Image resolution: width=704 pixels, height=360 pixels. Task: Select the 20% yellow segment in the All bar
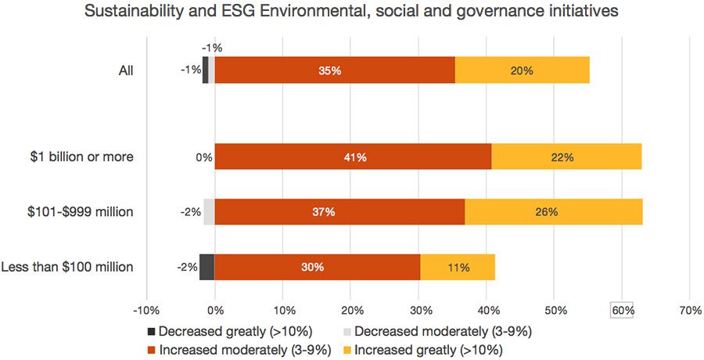(522, 70)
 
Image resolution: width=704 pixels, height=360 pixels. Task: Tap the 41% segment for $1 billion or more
(353, 157)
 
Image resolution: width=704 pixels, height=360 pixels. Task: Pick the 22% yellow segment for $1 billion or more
(566, 157)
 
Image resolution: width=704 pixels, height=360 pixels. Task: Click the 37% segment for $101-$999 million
(339, 211)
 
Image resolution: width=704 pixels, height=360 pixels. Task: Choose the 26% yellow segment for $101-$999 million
(554, 211)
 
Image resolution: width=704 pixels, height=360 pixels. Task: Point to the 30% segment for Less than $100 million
(318, 267)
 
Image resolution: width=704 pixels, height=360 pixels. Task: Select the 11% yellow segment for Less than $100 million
(458, 267)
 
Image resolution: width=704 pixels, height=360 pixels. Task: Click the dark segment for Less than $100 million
(207, 267)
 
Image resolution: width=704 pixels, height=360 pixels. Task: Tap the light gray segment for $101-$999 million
(209, 211)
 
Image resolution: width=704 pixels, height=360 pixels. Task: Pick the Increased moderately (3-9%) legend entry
(238, 349)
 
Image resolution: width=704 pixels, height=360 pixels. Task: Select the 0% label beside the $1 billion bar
(204, 157)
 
